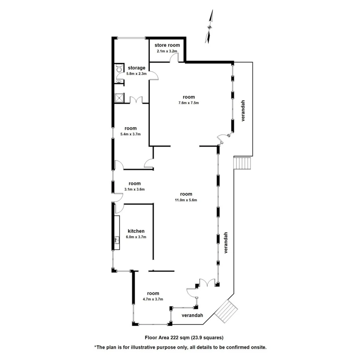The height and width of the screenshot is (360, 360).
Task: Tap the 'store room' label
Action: [x=167, y=45]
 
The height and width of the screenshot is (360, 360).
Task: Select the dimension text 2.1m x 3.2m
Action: [x=167, y=51]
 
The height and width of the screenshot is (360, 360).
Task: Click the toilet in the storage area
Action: [x=119, y=68]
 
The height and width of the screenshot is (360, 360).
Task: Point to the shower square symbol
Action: [x=119, y=98]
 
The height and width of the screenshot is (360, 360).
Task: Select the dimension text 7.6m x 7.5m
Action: [x=188, y=103]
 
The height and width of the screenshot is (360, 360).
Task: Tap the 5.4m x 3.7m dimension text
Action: [x=131, y=134]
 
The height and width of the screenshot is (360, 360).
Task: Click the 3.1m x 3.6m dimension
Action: [x=134, y=189]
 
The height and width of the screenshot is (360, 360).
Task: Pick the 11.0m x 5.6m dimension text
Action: [x=186, y=200]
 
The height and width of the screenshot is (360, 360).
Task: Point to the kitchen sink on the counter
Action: [x=117, y=240]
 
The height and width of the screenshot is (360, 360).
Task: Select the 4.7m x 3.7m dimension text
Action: [x=153, y=299]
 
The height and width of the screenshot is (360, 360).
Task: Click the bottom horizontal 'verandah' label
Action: [x=192, y=315]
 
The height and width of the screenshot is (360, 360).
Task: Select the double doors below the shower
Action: [x=136, y=100]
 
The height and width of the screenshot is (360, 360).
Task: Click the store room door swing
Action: [x=174, y=58]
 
